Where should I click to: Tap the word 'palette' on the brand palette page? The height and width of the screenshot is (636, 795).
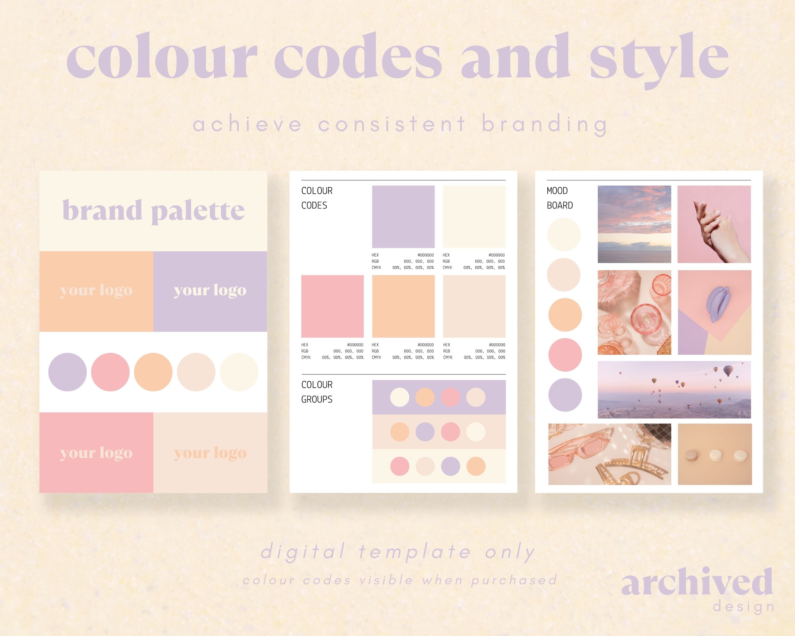(x=198, y=211)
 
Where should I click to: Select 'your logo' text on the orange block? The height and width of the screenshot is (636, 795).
(x=96, y=290)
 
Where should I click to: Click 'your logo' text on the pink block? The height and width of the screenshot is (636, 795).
(x=96, y=453)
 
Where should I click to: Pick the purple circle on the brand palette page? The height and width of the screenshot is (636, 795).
(x=68, y=372)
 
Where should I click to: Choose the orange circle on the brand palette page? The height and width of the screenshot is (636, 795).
(x=153, y=372)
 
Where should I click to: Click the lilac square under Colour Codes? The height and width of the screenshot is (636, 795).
(x=403, y=217)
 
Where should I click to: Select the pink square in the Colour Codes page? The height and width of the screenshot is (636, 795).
(x=332, y=306)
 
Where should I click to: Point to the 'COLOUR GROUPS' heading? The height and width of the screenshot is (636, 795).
(x=317, y=392)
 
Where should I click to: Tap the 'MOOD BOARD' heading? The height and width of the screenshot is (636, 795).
(x=559, y=198)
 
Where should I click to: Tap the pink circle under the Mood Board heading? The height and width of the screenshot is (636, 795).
(x=565, y=355)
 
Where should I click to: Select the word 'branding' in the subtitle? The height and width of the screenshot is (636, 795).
(x=544, y=125)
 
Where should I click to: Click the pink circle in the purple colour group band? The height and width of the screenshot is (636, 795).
(x=450, y=397)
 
